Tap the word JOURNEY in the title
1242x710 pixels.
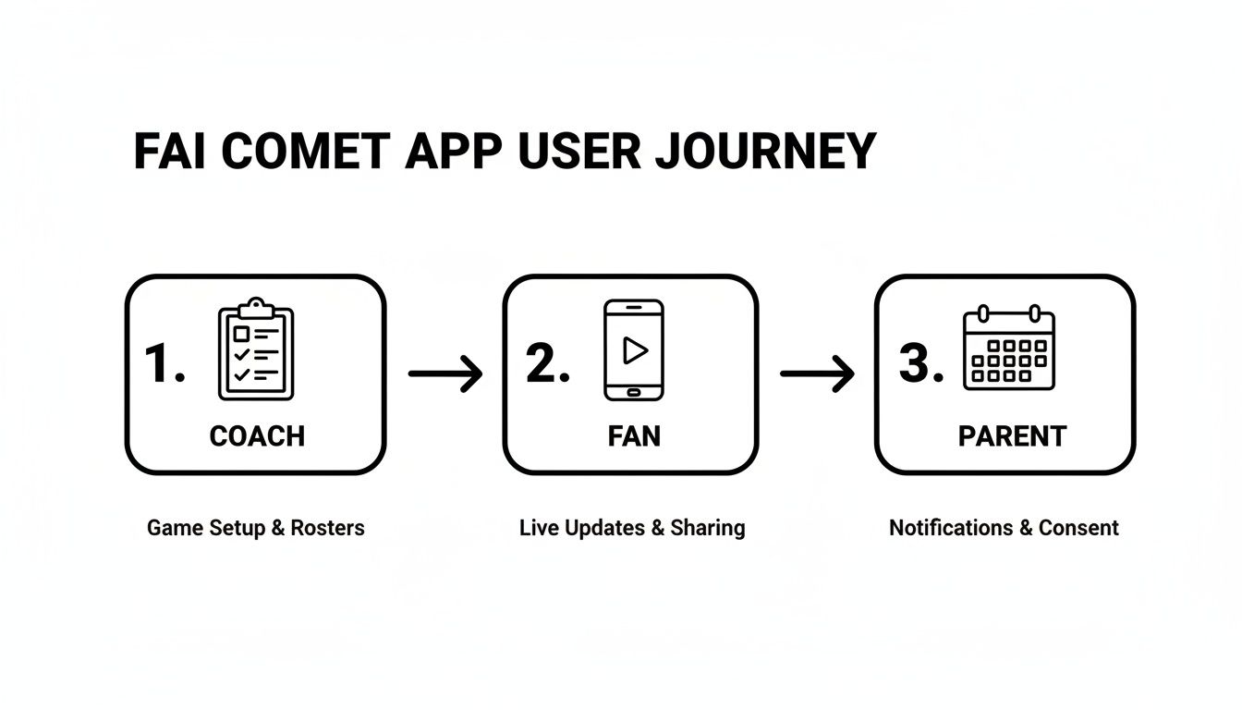[764, 151]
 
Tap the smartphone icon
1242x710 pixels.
[633, 349]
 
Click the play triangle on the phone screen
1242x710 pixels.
[634, 349]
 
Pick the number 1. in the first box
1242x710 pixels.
[165, 363]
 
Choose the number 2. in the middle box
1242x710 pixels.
[547, 363]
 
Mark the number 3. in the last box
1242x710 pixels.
[920, 363]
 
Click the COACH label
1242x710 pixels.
[257, 436]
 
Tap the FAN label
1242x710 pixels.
[634, 436]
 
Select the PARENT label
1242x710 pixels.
[1012, 436]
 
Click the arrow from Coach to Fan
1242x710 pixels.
[445, 373]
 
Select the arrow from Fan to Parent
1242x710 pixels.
[817, 373]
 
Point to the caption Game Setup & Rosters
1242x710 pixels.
[256, 528]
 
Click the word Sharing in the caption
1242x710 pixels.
[707, 528]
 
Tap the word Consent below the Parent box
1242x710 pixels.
[1078, 528]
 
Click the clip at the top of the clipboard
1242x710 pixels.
[256, 306]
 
